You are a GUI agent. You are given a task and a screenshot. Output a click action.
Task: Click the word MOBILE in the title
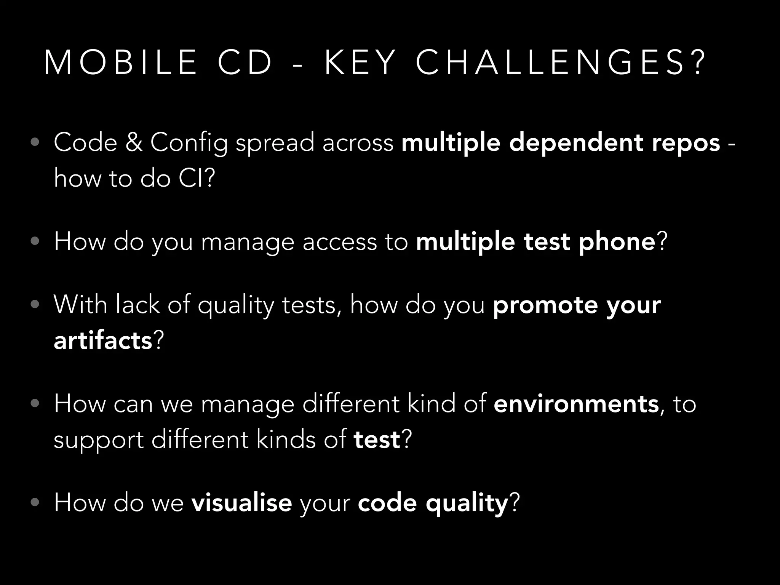pyautogui.click(x=120, y=63)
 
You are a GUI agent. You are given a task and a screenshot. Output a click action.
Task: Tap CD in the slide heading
pyautogui.click(x=245, y=63)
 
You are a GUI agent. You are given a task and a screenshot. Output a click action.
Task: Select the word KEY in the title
pyautogui.click(x=360, y=63)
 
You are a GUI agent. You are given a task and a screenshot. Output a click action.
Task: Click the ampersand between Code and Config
pyautogui.click(x=134, y=142)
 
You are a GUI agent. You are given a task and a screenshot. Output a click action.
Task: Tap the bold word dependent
pyautogui.click(x=576, y=142)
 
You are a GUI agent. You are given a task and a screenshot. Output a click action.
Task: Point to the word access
pyautogui.click(x=339, y=242)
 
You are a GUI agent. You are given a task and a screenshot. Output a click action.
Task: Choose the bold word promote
pyautogui.click(x=545, y=305)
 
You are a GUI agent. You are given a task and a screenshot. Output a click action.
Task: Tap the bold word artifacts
pyautogui.click(x=103, y=340)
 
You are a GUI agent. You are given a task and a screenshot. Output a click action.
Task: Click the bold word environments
pyautogui.click(x=576, y=404)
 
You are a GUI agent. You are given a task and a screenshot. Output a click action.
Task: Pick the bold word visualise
pyautogui.click(x=241, y=503)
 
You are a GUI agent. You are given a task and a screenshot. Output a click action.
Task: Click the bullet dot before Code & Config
pyautogui.click(x=35, y=143)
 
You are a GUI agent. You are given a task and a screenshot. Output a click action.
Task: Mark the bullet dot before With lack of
pyautogui.click(x=35, y=305)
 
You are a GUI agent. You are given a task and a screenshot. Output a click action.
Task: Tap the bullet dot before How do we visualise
pyautogui.click(x=35, y=503)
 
